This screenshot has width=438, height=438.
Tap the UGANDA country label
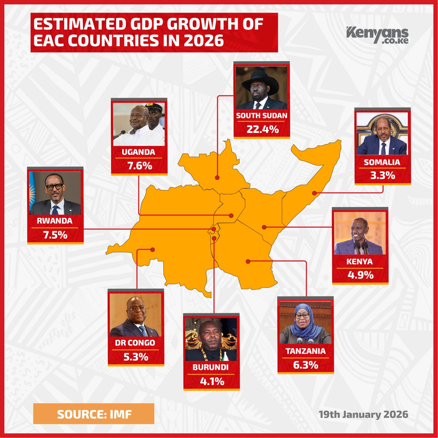tap(139, 152)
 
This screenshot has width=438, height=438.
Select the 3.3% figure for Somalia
tap(383, 175)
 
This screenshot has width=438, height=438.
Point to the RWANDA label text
tap(55, 221)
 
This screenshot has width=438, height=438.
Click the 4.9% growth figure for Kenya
tap(360, 275)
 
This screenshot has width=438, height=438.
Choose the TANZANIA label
tap(306, 351)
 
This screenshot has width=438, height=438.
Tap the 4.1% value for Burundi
tap(212, 381)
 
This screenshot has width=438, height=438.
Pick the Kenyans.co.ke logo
tap(377, 35)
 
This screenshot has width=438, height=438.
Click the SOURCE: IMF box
tap(93, 414)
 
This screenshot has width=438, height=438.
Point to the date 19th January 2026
tap(363, 415)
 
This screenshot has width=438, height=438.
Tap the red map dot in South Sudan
tap(217, 177)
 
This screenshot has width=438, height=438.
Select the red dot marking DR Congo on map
tap(153, 250)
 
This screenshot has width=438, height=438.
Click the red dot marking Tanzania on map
tap(247, 261)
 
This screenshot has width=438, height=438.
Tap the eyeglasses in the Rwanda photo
tap(54, 187)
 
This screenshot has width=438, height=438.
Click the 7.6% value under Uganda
tap(139, 166)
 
